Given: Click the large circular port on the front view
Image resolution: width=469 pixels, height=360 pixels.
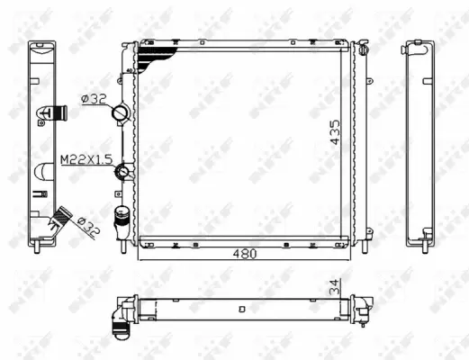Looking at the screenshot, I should pos(121,114).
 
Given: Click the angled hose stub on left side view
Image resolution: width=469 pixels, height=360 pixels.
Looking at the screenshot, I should pos(62,216).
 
